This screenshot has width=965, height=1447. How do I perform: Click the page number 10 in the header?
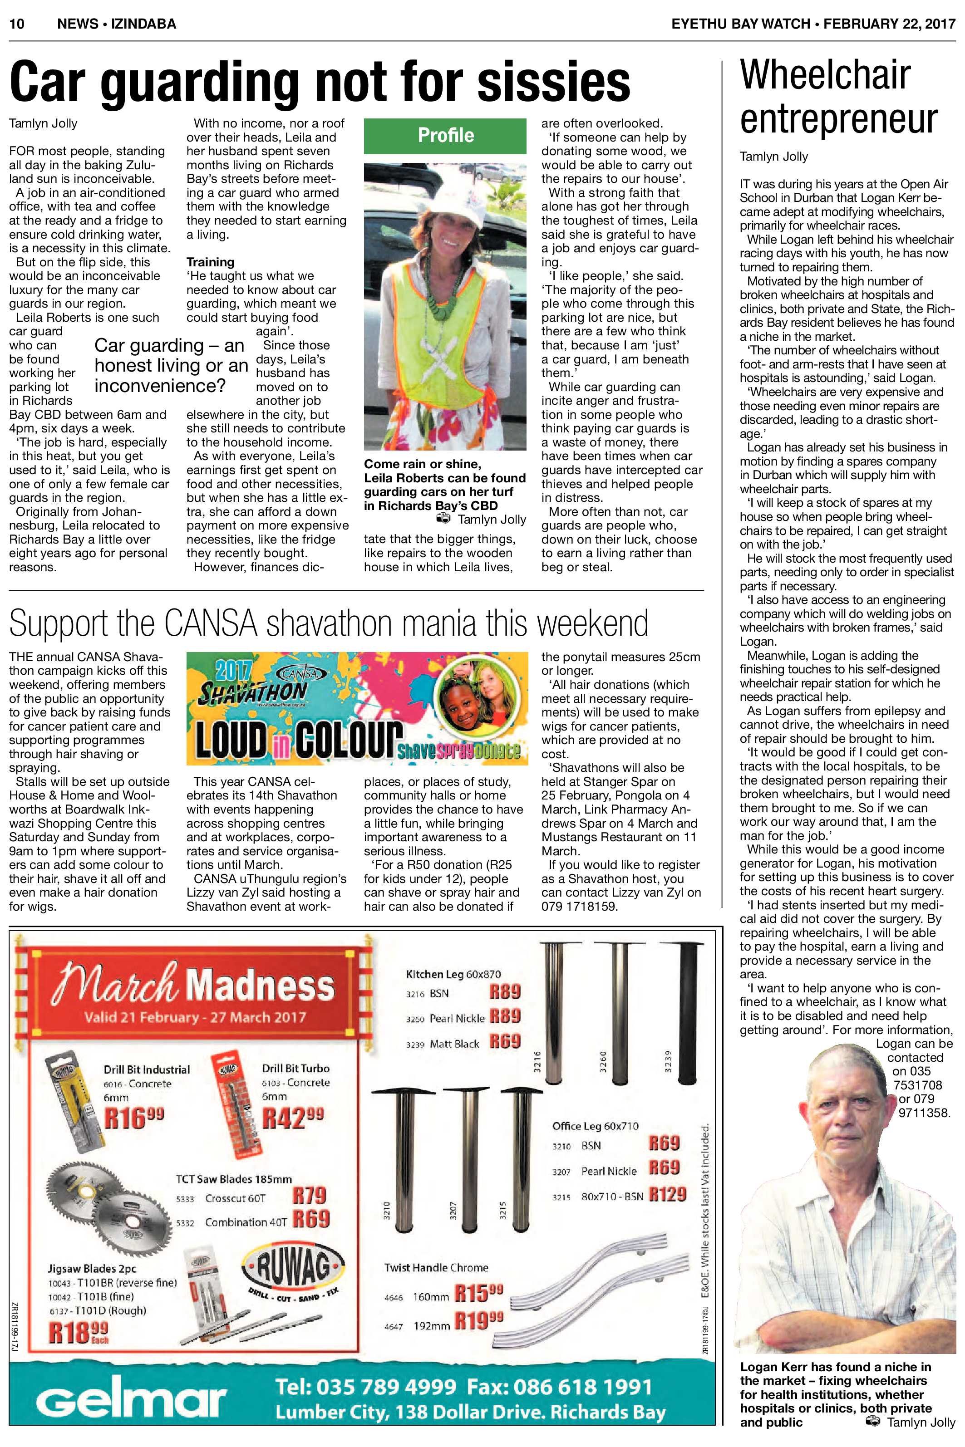click(x=17, y=24)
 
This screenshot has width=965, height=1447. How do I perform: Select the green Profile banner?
click(x=445, y=135)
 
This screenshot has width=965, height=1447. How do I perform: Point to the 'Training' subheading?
click(x=211, y=262)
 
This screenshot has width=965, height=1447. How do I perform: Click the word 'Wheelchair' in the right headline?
click(x=825, y=75)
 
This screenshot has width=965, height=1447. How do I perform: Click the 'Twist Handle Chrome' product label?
click(x=436, y=1267)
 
